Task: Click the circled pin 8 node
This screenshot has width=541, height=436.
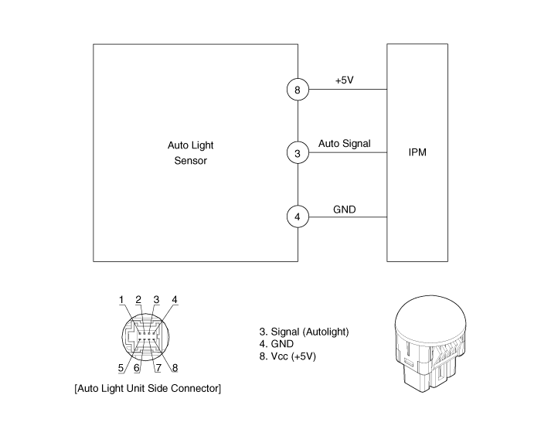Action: point(298,90)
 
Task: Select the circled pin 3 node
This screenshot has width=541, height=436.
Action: point(298,153)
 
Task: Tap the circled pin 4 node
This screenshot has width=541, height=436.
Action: point(298,216)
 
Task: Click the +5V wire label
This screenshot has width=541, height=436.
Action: point(345,80)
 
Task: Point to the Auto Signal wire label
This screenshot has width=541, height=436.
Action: point(345,143)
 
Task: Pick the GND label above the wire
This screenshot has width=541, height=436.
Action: point(344,207)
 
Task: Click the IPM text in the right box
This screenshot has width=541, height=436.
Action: point(417,152)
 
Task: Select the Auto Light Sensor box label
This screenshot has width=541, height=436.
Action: point(190,153)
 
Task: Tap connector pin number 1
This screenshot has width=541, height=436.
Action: point(121,300)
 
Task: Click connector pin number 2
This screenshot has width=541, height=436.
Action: point(138,300)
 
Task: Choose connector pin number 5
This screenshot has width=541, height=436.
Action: point(121,368)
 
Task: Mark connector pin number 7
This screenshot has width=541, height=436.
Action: point(157,368)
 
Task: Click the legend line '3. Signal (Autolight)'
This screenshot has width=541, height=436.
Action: point(305,332)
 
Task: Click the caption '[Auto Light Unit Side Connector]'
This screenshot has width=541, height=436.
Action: point(147,387)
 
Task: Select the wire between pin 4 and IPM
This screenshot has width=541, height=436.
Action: point(348,216)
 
